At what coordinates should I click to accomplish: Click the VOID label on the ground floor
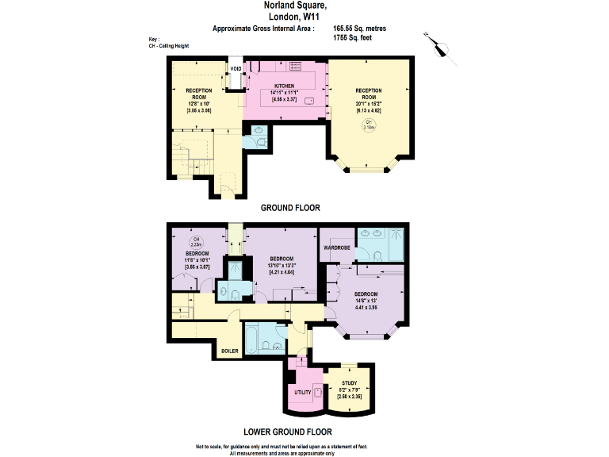236,69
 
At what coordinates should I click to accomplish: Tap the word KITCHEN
284,86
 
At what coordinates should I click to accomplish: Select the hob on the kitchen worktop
296,65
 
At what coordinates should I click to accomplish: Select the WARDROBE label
337,248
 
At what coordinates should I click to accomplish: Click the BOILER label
229,350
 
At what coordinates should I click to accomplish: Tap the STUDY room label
350,383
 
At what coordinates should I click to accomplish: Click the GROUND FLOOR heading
290,209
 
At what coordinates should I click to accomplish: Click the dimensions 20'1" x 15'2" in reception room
367,102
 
